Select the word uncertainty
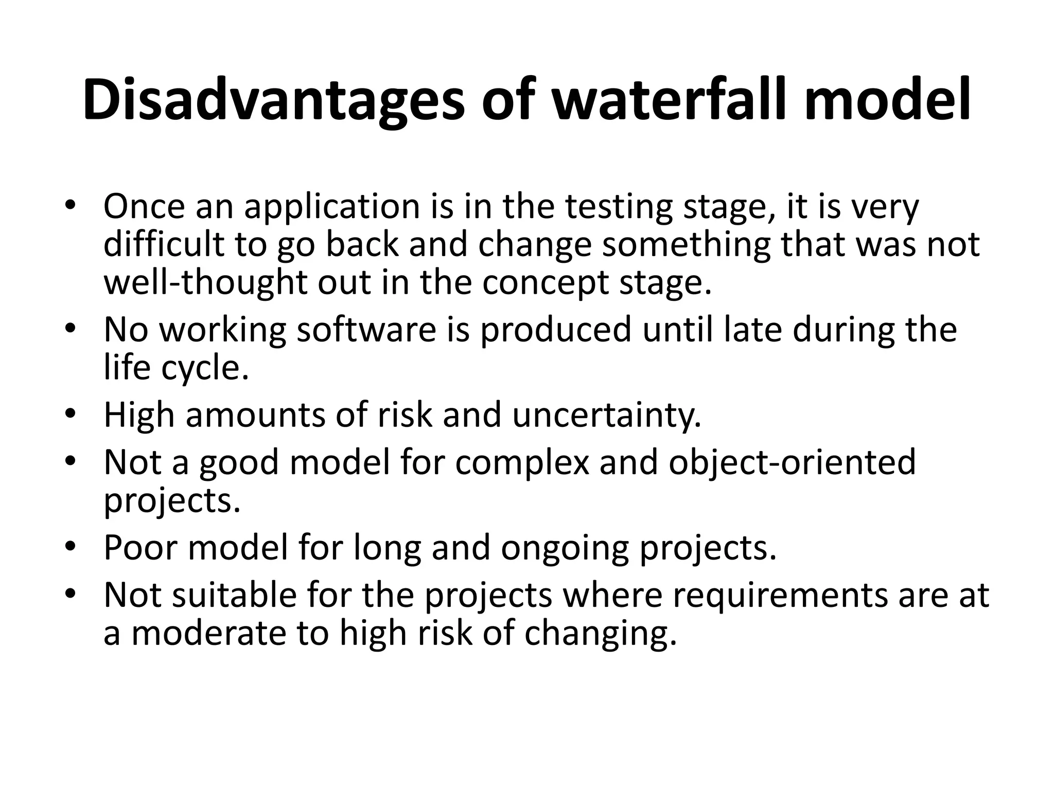pyautogui.click(x=607, y=415)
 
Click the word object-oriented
pyautogui.click(x=793, y=462)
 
